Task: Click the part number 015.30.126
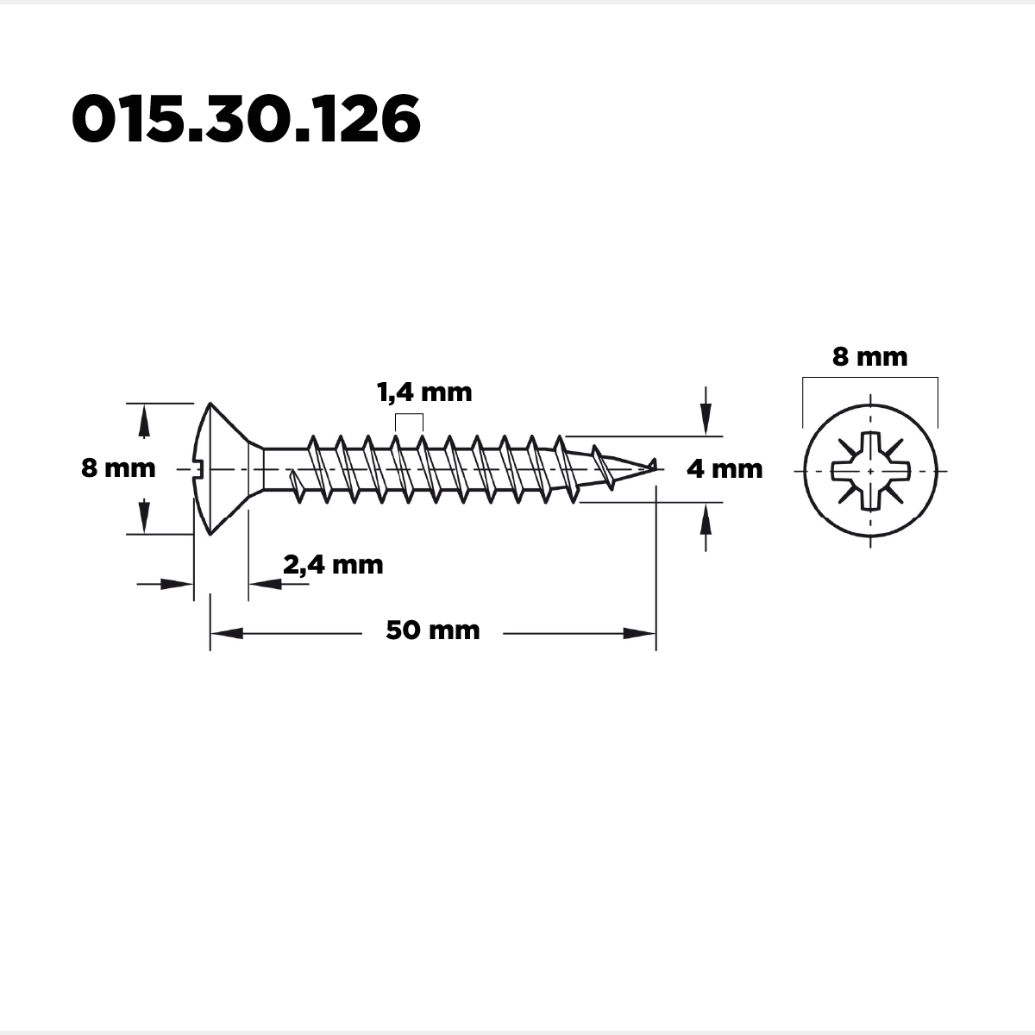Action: coord(246,118)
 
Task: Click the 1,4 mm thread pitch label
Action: coord(424,392)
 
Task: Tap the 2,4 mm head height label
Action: coord(333,565)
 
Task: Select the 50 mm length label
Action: coord(433,630)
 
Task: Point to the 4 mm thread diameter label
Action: coord(724,469)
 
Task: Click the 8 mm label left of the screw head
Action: coord(118,467)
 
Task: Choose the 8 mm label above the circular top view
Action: coord(870,356)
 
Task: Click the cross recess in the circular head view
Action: coord(870,471)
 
